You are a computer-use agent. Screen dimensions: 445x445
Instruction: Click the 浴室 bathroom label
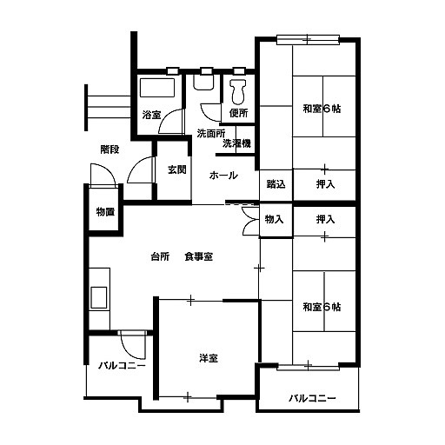click(151, 115)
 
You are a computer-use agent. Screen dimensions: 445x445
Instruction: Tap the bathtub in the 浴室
click(157, 88)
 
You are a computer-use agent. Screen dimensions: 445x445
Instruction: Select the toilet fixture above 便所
click(238, 91)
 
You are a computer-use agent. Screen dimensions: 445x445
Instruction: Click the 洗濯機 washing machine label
click(236, 143)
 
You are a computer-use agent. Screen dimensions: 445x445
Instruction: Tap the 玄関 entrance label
click(177, 169)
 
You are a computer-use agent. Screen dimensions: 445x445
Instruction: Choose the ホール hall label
click(223, 176)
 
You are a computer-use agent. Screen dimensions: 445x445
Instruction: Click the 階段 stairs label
click(110, 149)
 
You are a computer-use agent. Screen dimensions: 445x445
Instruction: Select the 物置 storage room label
click(105, 212)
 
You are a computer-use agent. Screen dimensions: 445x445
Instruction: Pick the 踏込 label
click(276, 184)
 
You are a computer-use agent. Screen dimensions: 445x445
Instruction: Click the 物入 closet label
click(274, 219)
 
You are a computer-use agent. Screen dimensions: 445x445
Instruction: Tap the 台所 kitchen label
click(160, 256)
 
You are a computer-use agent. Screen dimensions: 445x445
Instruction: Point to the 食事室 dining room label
click(199, 256)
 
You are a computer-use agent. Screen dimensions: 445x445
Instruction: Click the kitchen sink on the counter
click(99, 297)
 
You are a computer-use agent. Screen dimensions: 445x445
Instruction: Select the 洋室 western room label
click(209, 358)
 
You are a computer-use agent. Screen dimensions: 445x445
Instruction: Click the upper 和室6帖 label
click(322, 109)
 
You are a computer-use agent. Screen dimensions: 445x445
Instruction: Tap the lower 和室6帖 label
click(322, 307)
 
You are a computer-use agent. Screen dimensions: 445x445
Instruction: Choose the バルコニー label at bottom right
click(312, 398)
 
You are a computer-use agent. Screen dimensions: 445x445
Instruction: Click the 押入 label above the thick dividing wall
click(325, 184)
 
